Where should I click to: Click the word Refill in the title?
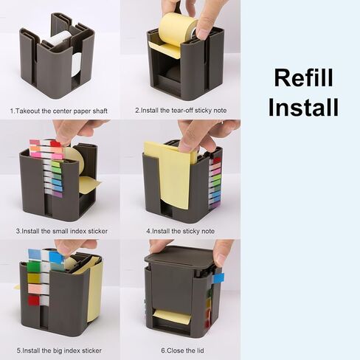pyautogui.click(x=303, y=77)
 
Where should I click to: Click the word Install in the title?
pyautogui.click(x=303, y=108)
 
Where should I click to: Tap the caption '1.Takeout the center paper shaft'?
pyautogui.click(x=59, y=111)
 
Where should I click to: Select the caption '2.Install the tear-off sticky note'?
pyautogui.click(x=180, y=111)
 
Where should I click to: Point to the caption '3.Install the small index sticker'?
pyautogui.click(x=62, y=231)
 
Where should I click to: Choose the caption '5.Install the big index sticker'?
pyautogui.click(x=59, y=350)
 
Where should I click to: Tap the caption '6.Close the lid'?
pyautogui.click(x=179, y=350)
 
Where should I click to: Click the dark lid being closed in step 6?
pyautogui.click(x=179, y=259)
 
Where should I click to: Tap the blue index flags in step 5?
pyautogui.click(x=44, y=255)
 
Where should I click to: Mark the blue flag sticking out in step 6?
pyautogui.click(x=218, y=278)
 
